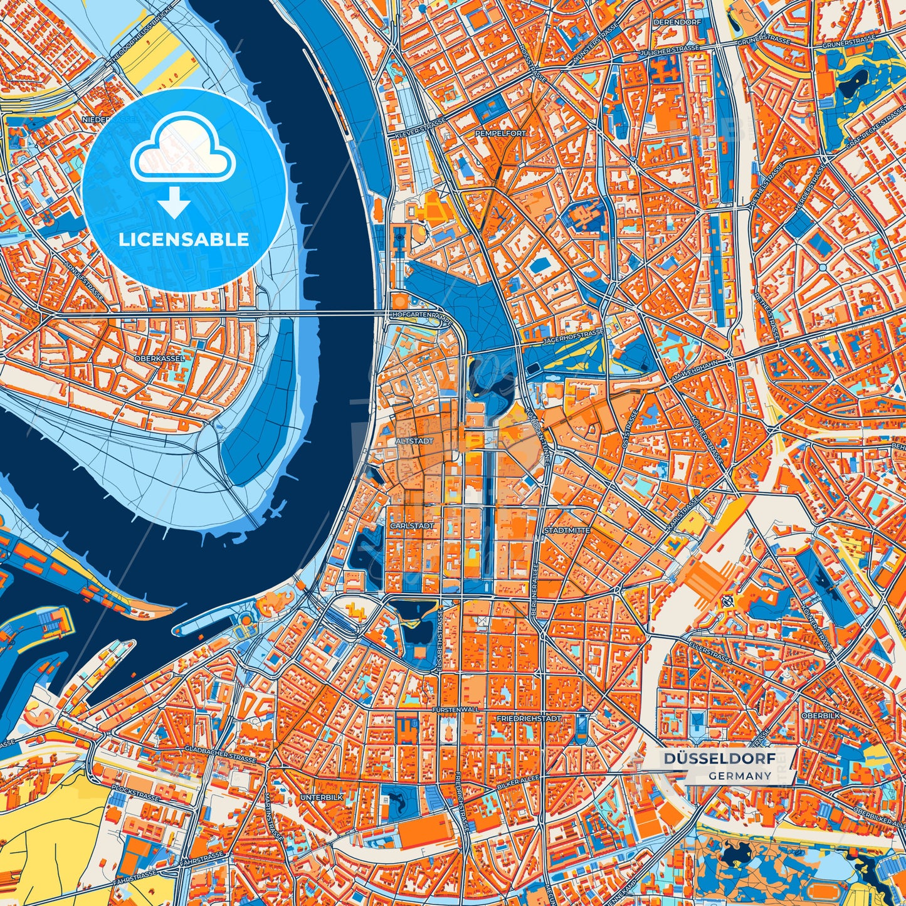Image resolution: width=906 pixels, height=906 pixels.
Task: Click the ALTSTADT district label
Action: (414, 441)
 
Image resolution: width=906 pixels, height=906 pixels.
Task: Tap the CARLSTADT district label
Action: (412, 525)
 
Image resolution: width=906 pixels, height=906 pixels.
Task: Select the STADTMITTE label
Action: (567, 530)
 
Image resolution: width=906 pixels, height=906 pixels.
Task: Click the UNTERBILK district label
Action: (322, 797)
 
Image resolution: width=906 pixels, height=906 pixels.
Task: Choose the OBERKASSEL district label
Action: (160, 358)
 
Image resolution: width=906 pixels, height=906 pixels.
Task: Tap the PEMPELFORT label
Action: (501, 134)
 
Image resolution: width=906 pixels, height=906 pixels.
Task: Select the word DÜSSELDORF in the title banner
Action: (719, 759)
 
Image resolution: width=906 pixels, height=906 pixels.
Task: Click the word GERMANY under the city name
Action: (740, 776)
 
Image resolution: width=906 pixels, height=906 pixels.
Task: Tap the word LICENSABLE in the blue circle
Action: (184, 240)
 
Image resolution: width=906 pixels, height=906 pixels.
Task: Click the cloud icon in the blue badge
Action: (182, 148)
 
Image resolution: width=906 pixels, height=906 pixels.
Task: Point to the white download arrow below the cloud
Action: (174, 203)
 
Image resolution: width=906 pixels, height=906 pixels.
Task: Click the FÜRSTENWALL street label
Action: (456, 709)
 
